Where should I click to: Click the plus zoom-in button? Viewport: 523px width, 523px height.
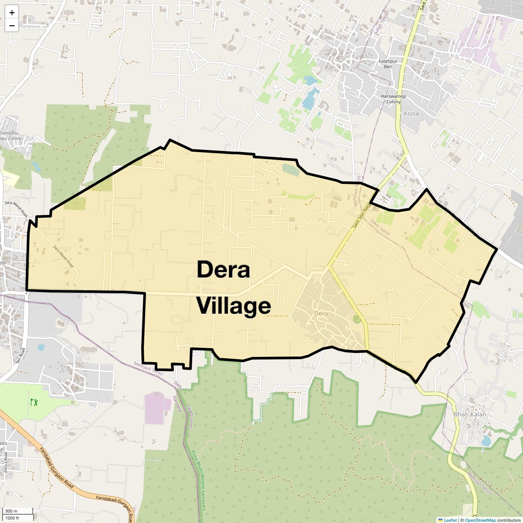[12, 13]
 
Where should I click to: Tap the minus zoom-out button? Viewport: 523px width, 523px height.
[12, 25]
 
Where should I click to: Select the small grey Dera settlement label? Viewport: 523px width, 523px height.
[320, 313]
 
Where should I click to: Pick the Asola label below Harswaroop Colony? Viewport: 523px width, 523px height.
[411, 114]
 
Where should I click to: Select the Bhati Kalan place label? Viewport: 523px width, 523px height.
[470, 414]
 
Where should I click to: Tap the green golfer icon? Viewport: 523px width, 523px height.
[34, 401]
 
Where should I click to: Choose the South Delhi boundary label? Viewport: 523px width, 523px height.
[190, 416]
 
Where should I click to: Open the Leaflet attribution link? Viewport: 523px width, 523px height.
[447, 520]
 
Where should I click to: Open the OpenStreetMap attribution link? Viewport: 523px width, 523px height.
[480, 520]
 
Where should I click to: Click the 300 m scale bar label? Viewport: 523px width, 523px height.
[12, 511]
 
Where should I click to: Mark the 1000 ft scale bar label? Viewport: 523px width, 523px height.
[12, 518]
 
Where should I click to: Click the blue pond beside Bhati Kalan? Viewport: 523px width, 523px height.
[486, 441]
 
